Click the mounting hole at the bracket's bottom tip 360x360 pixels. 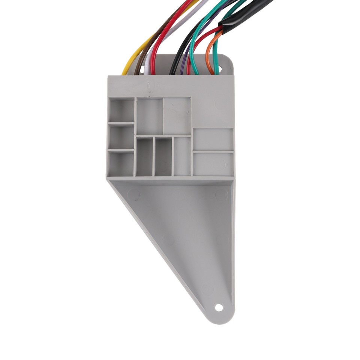219,308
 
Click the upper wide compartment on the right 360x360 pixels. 213,139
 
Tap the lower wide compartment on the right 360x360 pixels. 213,164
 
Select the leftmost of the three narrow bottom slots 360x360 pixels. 144,157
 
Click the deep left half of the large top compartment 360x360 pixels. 150,116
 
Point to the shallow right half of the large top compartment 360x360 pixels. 177,116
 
